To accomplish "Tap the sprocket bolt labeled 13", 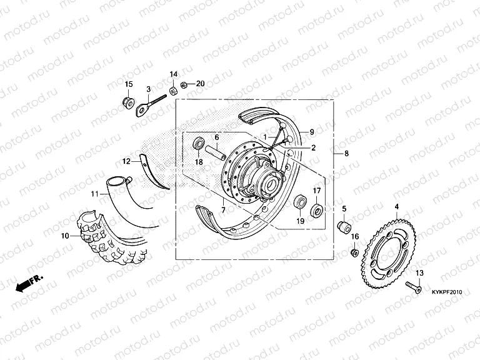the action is point(413,287).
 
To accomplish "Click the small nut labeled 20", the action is point(184,85).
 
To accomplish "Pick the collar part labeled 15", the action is point(127,102).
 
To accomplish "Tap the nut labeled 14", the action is point(173,91).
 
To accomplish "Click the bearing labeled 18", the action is point(199,144).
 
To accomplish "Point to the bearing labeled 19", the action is point(300,202).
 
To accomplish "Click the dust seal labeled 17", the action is point(317,211).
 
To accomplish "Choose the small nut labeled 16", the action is point(355,252).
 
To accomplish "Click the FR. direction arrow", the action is point(29,284).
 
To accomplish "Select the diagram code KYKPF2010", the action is point(447,292).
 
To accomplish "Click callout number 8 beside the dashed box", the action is point(346,153).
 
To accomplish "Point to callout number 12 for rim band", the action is point(126,161).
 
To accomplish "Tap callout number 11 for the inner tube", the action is point(95,194).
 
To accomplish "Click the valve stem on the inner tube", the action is point(129,179).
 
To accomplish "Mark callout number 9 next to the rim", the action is point(312,132).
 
